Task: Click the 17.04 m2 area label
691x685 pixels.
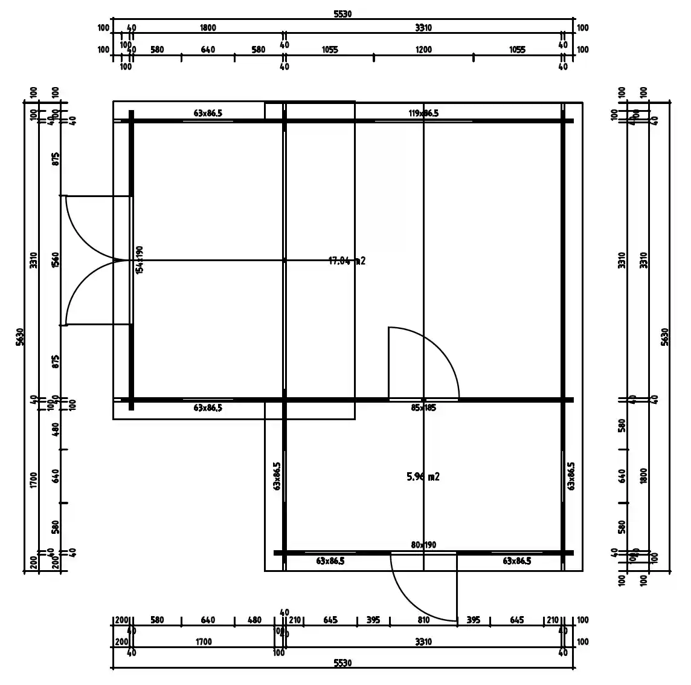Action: click(347, 261)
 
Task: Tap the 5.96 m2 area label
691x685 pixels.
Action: click(423, 477)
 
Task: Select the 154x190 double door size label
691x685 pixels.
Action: click(139, 260)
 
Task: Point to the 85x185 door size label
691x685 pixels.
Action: click(423, 408)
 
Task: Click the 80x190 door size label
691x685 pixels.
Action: click(423, 545)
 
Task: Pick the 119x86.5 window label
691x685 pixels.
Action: click(423, 113)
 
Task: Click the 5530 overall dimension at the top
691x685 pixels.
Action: click(342, 14)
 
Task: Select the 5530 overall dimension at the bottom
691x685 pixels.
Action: click(342, 663)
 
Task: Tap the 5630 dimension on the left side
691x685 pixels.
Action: click(19, 337)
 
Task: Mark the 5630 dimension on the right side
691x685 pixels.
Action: click(665, 337)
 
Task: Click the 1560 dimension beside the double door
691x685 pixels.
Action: click(56, 261)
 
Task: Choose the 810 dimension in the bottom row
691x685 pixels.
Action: click(423, 620)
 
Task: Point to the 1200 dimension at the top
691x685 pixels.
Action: click(423, 50)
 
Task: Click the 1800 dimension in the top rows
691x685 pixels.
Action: click(208, 28)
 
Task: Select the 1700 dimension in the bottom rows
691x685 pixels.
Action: click(204, 641)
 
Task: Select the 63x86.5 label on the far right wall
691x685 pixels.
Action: click(571, 476)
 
